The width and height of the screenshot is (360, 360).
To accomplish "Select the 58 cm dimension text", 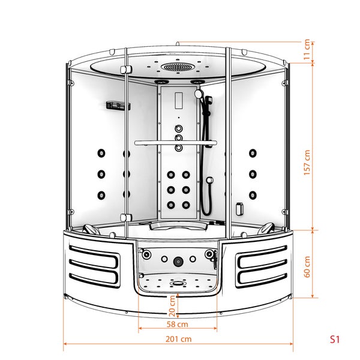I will [x=177, y=324].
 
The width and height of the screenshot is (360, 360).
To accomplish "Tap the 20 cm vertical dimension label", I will [x=173, y=305].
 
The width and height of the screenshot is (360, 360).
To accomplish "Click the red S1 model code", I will [x=335, y=339].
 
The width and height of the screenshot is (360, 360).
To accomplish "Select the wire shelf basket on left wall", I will [x=118, y=106].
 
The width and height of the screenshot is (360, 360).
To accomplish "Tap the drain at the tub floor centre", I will [x=177, y=283].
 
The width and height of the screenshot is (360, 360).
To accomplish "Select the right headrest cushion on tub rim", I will [x=266, y=228].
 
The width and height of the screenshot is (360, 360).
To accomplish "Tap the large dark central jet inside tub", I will [x=178, y=262].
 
